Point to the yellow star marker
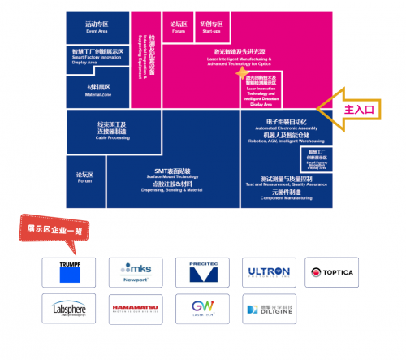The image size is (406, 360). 240,74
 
